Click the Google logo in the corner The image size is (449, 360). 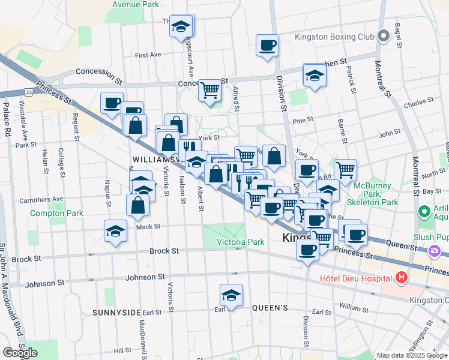20,353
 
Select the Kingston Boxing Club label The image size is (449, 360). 334,37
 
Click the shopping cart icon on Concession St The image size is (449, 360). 209,91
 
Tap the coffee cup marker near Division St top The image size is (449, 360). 267,45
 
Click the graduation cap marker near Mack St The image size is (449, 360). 115,232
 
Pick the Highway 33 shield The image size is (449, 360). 28,92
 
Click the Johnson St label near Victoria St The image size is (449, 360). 144,277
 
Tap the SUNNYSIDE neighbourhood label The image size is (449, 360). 116,313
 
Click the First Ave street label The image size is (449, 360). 148,55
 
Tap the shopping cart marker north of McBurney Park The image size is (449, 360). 345,170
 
